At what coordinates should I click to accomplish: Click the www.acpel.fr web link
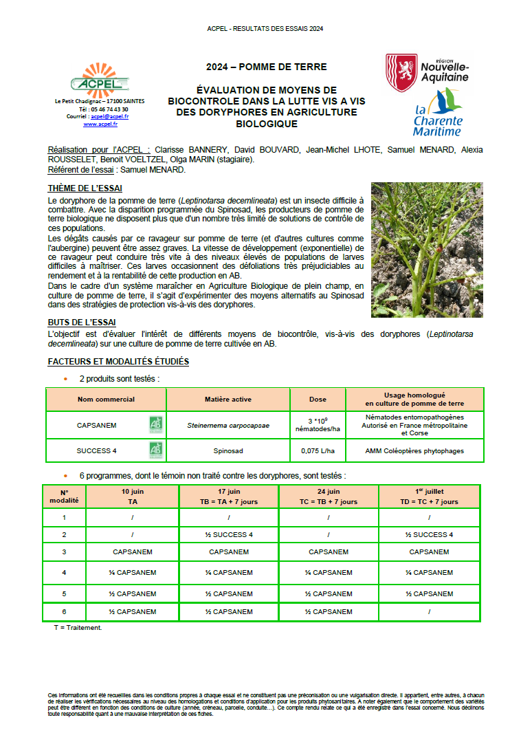click(x=100, y=124)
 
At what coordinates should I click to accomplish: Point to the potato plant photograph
click(x=427, y=250)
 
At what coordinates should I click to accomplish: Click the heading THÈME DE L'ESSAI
click(x=85, y=188)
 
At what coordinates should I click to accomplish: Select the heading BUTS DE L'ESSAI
click(x=82, y=322)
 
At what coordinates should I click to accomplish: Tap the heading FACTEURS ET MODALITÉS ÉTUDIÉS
click(x=118, y=362)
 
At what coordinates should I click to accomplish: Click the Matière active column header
click(x=228, y=400)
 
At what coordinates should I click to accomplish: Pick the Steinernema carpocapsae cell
click(x=228, y=425)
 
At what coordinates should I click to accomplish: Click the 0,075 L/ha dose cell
click(x=318, y=451)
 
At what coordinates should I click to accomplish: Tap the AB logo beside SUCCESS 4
click(x=156, y=450)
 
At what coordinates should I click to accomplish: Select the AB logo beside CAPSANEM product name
click(x=156, y=425)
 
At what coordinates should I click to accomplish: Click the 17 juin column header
click(x=229, y=497)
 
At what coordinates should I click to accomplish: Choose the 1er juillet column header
click(x=429, y=497)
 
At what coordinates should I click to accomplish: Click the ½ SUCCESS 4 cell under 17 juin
click(x=229, y=534)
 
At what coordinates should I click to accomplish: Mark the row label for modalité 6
click(x=64, y=611)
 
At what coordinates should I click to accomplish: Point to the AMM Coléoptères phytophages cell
click(x=414, y=451)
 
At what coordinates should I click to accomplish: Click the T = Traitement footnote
click(x=78, y=627)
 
